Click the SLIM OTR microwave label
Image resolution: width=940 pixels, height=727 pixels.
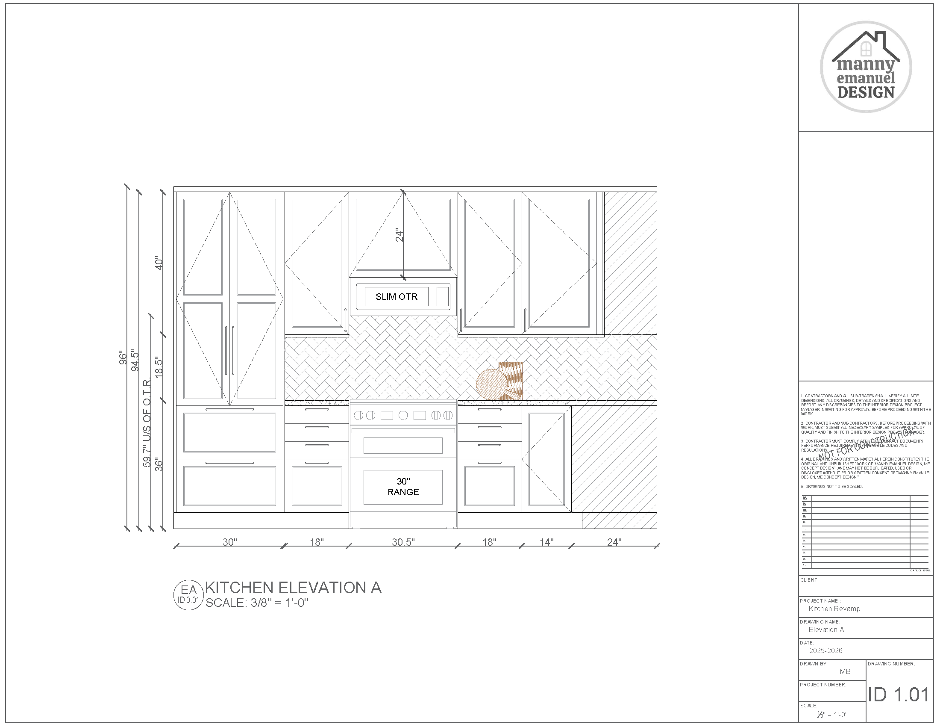tap(397, 297)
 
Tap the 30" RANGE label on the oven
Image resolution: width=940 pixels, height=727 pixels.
tap(403, 487)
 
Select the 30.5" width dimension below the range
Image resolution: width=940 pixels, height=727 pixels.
tap(403, 542)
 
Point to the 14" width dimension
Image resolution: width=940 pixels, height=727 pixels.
tap(546, 542)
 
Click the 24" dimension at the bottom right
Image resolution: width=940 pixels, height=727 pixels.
tap(614, 542)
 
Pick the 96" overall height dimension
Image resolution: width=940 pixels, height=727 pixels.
tap(123, 358)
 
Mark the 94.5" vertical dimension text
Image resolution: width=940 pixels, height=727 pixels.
tap(135, 361)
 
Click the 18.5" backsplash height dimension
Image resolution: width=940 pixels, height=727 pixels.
tap(159, 367)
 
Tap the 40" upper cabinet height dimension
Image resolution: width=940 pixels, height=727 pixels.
tap(159, 263)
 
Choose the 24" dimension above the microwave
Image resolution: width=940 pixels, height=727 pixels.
tap(400, 235)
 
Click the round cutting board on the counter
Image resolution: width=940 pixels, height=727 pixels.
tap(492, 384)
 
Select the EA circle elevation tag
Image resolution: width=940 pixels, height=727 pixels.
tap(188, 594)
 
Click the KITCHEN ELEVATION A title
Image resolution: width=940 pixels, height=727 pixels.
tap(293, 588)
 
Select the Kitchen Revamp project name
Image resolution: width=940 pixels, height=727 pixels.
tap(834, 609)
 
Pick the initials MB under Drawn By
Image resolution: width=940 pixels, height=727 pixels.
tap(845, 671)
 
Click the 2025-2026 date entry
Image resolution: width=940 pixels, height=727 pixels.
tap(825, 650)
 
